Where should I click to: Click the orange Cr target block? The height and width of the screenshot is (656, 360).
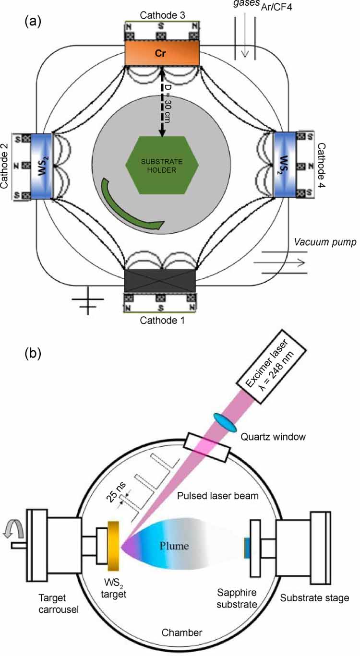(162, 52)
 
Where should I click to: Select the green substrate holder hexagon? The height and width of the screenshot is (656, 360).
(162, 165)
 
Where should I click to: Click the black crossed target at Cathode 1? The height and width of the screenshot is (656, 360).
(159, 280)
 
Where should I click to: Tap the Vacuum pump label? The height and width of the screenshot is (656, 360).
(324, 242)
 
